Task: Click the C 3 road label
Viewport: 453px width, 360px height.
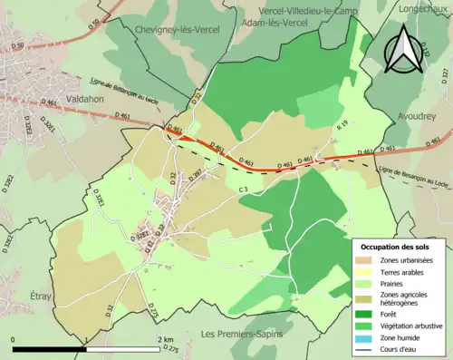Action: click(x=243, y=189)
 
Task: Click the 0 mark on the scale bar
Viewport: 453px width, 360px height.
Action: click(x=14, y=339)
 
